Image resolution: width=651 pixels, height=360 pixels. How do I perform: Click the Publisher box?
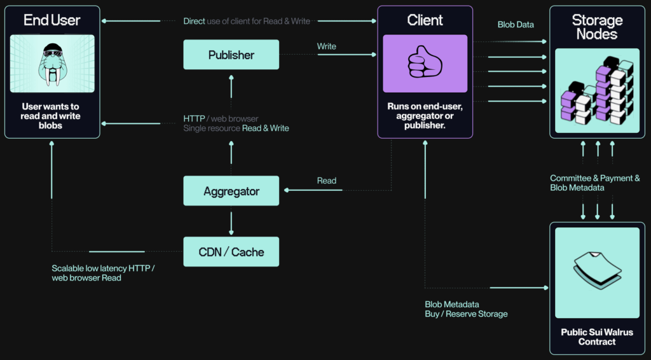click(231, 55)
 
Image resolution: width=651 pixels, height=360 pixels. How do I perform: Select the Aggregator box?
click(231, 191)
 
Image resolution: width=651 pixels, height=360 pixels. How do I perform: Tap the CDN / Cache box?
click(231, 252)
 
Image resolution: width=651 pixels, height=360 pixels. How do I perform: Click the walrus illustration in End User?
click(53, 64)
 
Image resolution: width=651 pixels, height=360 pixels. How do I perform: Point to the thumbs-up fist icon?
click(425, 62)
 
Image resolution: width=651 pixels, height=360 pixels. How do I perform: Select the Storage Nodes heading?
click(597, 27)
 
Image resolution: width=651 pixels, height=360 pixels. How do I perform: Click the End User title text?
click(52, 20)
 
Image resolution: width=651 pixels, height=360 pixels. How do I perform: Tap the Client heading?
click(425, 20)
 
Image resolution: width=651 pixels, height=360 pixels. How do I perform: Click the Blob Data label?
click(516, 25)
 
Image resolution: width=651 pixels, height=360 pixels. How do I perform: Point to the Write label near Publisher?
click(326, 46)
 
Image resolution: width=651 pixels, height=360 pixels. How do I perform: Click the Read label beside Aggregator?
click(326, 181)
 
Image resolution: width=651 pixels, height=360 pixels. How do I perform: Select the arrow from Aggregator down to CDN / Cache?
click(231, 223)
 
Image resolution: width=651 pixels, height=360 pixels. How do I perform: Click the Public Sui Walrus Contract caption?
click(597, 336)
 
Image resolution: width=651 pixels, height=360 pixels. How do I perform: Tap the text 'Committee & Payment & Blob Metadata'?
click(595, 183)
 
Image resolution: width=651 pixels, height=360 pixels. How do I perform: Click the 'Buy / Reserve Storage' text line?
click(466, 314)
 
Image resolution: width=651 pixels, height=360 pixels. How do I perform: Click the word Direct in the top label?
click(195, 21)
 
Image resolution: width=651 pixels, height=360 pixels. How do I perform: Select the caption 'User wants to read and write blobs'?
click(50, 116)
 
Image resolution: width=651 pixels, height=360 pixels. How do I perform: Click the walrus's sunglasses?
click(53, 53)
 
